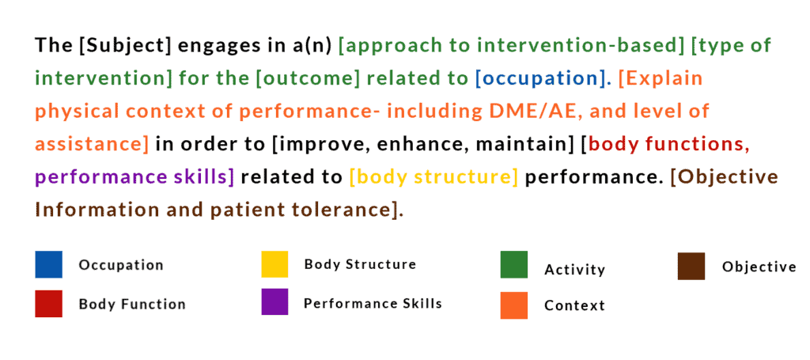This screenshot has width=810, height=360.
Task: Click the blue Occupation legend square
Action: click(x=48, y=264)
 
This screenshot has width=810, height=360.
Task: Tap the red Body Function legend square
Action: click(x=48, y=303)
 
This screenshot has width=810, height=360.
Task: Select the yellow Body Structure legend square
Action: click(x=274, y=264)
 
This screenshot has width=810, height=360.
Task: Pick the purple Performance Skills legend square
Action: click(x=274, y=302)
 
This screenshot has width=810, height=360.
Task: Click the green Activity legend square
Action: click(x=513, y=264)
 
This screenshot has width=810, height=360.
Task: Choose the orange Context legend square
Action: click(x=513, y=305)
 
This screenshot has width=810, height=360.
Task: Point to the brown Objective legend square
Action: click(x=691, y=266)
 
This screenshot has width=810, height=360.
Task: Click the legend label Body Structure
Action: click(x=360, y=264)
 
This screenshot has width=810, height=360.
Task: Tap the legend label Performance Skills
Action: click(x=373, y=303)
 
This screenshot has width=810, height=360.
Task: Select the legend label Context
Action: click(x=574, y=305)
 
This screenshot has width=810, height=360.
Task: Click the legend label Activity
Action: click(x=574, y=270)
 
